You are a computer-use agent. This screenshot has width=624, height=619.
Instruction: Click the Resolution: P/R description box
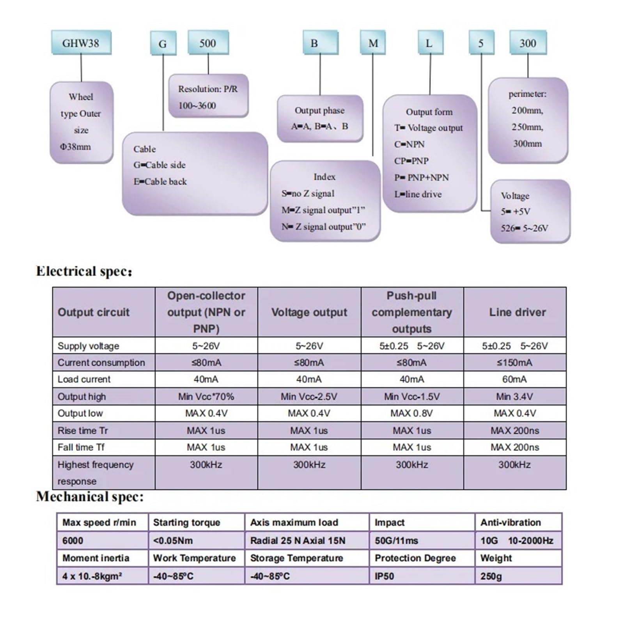pos(208,96)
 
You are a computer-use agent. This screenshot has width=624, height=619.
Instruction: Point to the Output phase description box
pos(320,118)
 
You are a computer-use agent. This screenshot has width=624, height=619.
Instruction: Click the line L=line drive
pos(418,194)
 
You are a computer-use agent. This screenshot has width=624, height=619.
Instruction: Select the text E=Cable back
pos(160,181)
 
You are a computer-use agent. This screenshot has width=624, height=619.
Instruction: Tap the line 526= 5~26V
pos(525,228)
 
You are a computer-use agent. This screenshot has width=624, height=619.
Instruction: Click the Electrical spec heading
pos(84,271)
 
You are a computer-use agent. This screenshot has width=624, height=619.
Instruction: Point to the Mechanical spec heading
pos(90,496)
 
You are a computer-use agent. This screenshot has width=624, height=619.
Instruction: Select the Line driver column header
pos(517,312)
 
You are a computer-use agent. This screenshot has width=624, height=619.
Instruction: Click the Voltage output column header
pos(309,312)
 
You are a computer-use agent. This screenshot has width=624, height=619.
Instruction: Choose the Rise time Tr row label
pos(83,430)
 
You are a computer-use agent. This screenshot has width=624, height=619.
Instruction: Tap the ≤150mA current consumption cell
pos(514,363)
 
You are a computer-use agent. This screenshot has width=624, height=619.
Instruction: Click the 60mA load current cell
pos(514,379)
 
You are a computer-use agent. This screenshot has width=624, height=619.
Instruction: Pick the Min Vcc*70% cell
pos(206,397)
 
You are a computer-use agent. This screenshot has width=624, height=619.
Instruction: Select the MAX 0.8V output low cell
pos(411,413)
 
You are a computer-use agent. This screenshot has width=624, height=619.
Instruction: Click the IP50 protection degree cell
pos(422,576)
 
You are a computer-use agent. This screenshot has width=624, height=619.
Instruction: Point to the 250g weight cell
pos(518,576)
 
